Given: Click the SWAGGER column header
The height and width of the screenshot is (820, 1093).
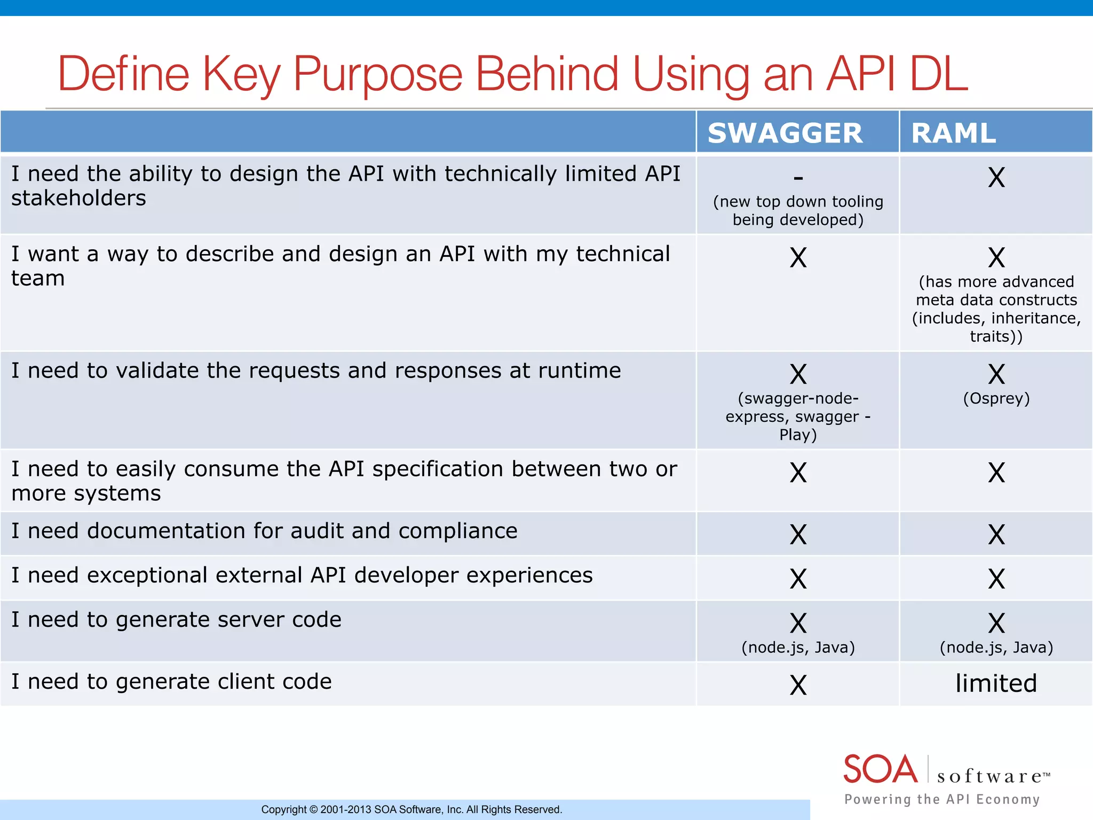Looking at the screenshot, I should pos(785,133).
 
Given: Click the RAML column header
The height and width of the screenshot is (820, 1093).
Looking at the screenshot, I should pos(953,133).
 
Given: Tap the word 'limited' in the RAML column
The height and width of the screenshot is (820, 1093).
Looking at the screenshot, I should pos(996,683).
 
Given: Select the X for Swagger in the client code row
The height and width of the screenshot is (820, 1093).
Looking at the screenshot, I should pos(798,685).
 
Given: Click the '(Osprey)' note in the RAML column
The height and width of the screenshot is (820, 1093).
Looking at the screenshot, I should pos(996,398).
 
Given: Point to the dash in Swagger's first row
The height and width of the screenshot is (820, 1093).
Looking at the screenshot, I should pos(798,177).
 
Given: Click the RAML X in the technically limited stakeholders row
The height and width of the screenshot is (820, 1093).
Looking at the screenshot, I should pos(996,177).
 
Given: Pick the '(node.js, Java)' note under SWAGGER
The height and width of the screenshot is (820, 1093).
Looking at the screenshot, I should pos(798,648).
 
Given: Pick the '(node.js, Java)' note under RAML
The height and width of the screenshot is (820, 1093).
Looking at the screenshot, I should pos(996,648).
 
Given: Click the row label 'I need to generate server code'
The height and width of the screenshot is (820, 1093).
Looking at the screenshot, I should pos(176,620).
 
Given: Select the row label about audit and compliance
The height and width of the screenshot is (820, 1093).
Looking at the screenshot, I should pos(264,531).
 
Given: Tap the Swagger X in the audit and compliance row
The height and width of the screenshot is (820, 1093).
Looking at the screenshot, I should pos(798,534).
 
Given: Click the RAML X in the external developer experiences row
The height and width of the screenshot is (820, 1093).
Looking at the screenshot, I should pos(996,579).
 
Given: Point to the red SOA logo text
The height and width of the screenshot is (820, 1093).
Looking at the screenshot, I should pos(880,769).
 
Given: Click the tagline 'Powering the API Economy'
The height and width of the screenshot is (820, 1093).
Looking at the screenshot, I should pos(942,799).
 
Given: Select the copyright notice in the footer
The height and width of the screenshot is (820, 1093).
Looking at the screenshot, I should pos(411,809).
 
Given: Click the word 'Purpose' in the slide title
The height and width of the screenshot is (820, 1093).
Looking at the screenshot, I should pos(378,74).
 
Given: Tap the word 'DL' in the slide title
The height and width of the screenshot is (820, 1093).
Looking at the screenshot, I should pos(938,74).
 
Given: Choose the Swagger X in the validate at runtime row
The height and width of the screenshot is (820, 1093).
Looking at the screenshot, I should pos(798,374).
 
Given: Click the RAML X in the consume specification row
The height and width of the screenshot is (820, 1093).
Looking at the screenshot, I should pos(996,472).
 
